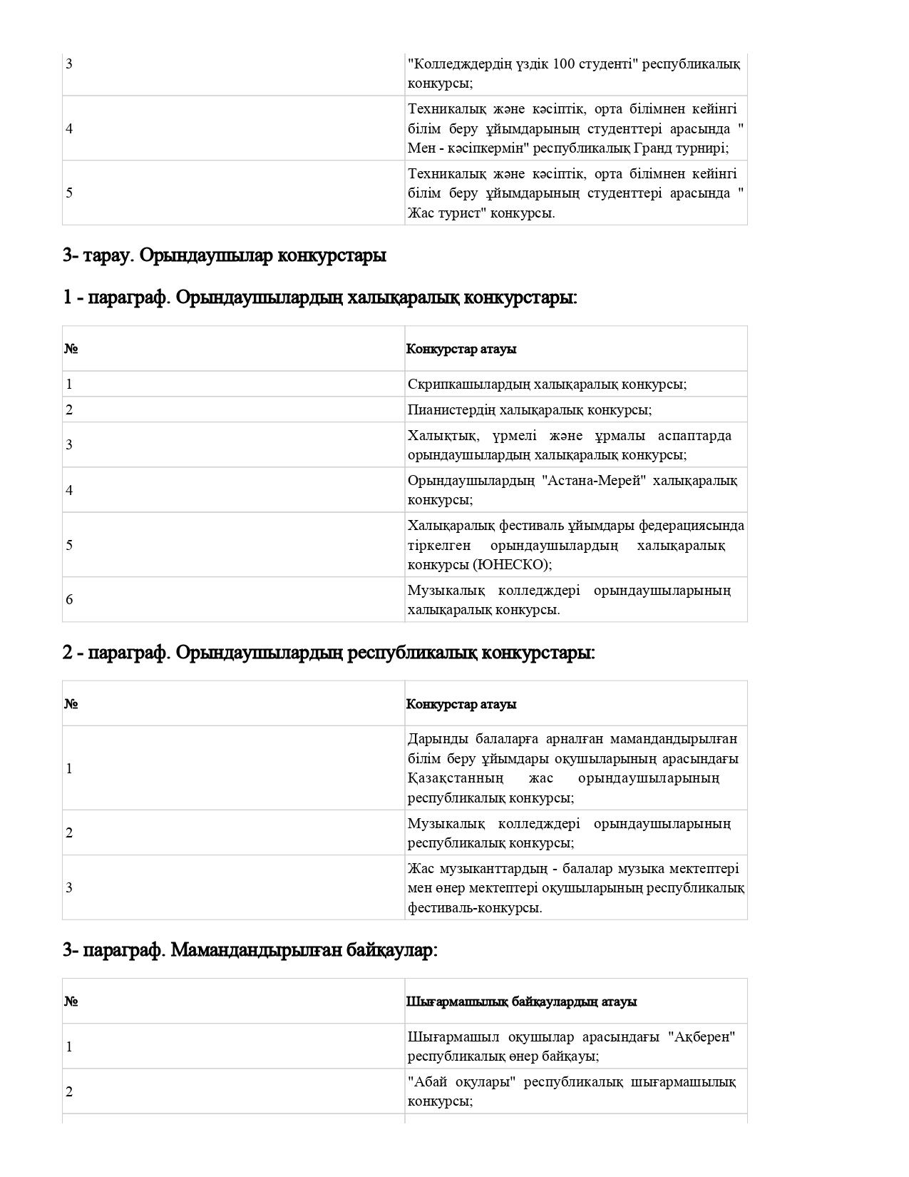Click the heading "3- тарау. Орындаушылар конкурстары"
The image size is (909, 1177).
[x=224, y=255]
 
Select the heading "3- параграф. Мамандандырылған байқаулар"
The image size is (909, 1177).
[x=250, y=950]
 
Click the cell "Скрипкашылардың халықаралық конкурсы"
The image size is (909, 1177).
[x=547, y=384]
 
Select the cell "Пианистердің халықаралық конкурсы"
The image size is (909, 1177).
[x=530, y=409]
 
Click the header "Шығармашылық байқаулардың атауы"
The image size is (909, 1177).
[x=521, y=1002]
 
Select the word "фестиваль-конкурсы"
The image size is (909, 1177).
[x=475, y=907]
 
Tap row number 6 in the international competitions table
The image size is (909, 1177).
[x=69, y=599]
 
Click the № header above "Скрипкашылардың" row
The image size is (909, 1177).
[x=71, y=349]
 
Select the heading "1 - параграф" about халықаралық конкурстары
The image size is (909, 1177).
[x=319, y=297]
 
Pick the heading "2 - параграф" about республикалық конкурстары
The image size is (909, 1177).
[x=328, y=652]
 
